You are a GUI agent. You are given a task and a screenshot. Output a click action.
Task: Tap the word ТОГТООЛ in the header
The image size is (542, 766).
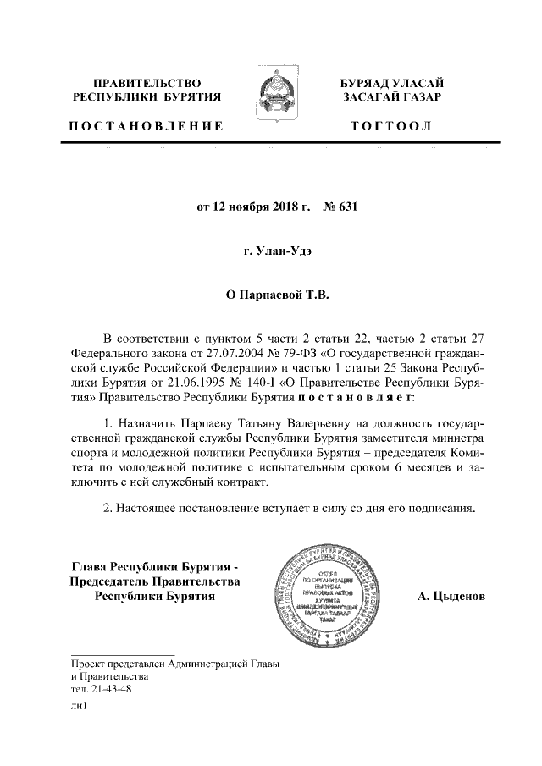click(391, 126)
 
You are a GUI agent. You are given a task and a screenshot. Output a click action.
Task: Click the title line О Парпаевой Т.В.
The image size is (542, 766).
click(270, 295)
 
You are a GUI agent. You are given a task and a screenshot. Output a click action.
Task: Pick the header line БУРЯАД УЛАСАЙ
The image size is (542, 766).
click(391, 82)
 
